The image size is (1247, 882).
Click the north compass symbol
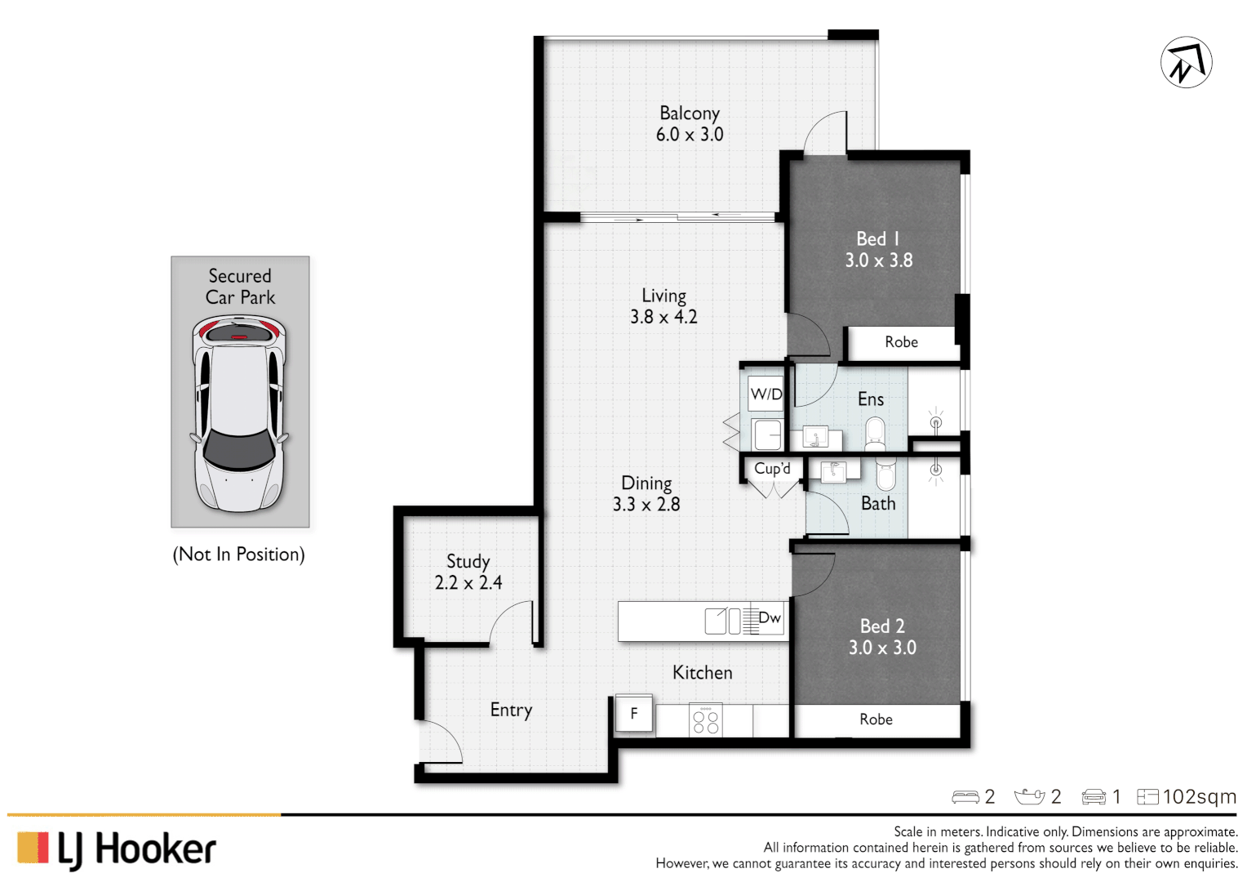coord(1186,62)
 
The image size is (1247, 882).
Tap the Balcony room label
coord(690,113)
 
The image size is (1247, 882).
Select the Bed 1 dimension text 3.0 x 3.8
coord(878,261)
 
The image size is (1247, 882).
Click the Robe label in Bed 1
coord(901,342)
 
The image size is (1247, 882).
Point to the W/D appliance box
coord(766,394)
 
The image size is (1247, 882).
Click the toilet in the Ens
coord(875,434)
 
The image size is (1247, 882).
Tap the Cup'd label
coord(772,469)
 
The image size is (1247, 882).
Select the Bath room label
coord(878,504)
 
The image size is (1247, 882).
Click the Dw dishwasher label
coord(770,618)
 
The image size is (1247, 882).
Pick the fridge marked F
coord(634,714)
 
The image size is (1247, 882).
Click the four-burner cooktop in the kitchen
coord(705,720)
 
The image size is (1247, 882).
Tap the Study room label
coord(468,561)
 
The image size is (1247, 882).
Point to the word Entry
coord(511,710)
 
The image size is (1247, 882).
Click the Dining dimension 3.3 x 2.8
coord(646,505)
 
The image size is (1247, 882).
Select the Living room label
coord(663,296)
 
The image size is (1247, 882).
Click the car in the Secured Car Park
coord(240,412)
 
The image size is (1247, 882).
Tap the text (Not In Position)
coord(238,555)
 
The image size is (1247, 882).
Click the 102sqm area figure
coord(1199,796)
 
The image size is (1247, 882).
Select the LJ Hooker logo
coord(117,849)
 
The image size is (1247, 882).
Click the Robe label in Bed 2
coord(876,719)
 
